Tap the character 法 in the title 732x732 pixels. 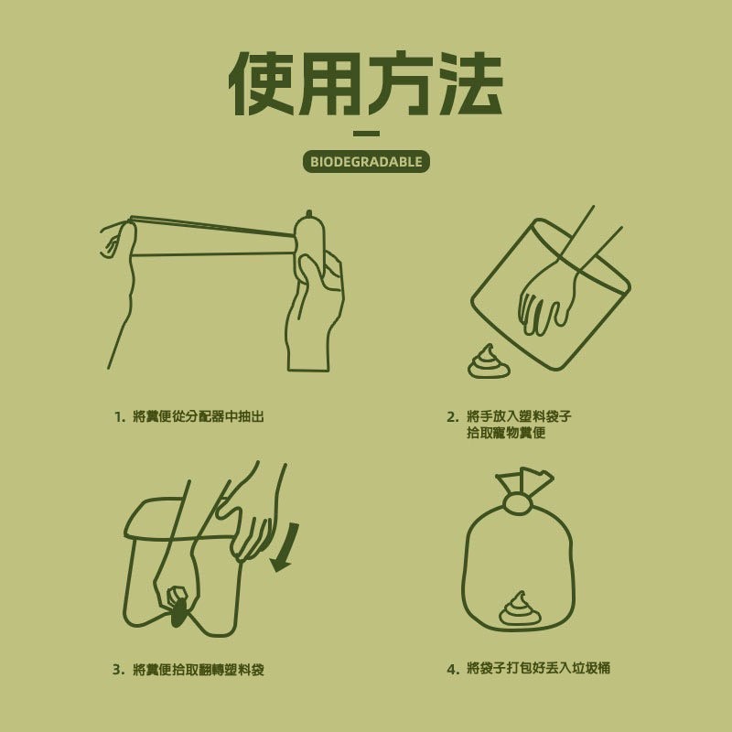(x=470, y=83)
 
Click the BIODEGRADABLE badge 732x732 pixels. (x=366, y=162)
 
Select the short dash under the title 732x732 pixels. (x=366, y=134)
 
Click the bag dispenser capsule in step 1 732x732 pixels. (x=309, y=249)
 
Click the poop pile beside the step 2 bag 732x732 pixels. (x=489, y=362)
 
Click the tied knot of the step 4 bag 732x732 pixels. (x=518, y=503)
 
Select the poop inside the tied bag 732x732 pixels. (x=520, y=609)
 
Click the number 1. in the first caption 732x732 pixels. (x=120, y=417)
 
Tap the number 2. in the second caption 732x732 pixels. (x=452, y=417)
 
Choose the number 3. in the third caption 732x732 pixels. (x=119, y=670)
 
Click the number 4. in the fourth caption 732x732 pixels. (x=452, y=669)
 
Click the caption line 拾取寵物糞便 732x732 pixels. (x=505, y=433)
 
